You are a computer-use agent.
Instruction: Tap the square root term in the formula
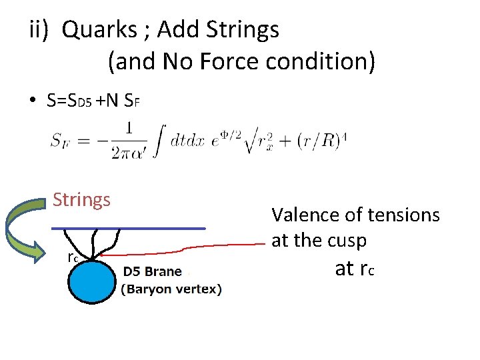point(293,141)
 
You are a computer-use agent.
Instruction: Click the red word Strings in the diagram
point(81,199)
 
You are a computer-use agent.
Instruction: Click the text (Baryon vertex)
point(171,289)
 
